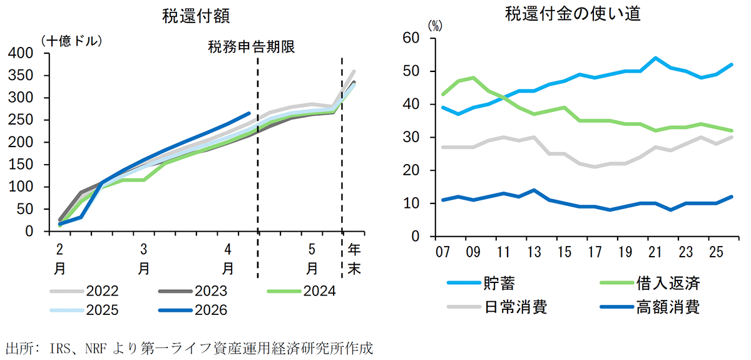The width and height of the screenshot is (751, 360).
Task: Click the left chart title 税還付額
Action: click(191, 15)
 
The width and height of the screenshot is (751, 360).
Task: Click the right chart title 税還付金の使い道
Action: click(573, 15)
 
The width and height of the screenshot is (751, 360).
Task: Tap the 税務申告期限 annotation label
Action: click(252, 47)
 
